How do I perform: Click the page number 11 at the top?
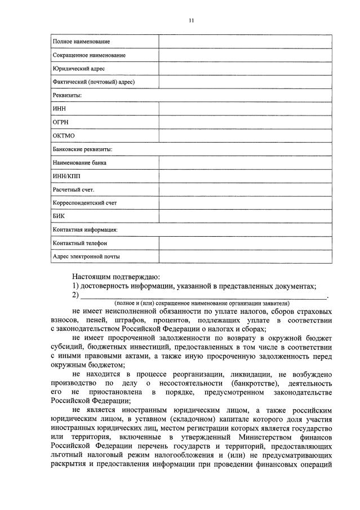click(x=191, y=20)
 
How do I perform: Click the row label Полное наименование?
click(x=81, y=42)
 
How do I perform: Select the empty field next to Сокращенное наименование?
click(x=245, y=55)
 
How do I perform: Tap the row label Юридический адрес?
click(x=79, y=69)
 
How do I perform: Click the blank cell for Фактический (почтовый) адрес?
click(x=245, y=82)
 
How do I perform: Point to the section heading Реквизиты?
click(x=67, y=96)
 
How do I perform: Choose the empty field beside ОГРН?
click(x=245, y=122)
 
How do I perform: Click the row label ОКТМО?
click(x=64, y=136)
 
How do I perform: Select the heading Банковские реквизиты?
click(x=82, y=149)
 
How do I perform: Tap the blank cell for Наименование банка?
click(x=245, y=163)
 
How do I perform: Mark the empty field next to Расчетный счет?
click(x=245, y=189)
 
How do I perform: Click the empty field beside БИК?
click(x=245, y=216)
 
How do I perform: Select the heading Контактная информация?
click(x=85, y=230)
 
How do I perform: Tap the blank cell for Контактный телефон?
click(x=245, y=243)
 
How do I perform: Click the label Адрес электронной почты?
click(x=86, y=256)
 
